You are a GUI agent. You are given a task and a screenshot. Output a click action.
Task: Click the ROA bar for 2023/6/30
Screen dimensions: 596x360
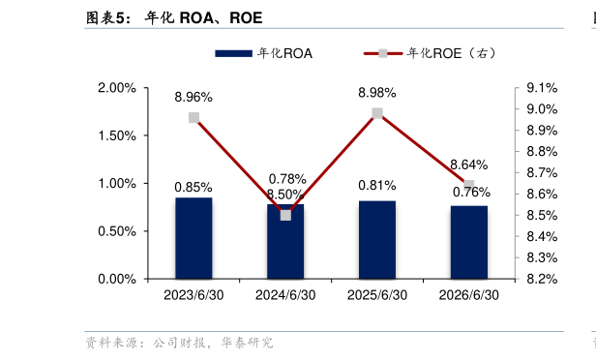click(x=194, y=238)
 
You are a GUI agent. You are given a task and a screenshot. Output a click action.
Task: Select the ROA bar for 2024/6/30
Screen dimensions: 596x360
click(x=285, y=242)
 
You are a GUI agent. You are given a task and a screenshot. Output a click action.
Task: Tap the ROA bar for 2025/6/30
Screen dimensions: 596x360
click(x=377, y=240)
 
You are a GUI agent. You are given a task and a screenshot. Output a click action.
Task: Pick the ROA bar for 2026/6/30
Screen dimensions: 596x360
click(x=469, y=243)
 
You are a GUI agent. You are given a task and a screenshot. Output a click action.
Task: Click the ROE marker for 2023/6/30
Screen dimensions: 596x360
click(x=194, y=117)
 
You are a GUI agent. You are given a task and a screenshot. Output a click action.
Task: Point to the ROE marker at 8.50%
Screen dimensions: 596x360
click(x=285, y=216)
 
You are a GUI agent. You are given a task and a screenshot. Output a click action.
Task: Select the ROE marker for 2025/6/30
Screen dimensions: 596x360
click(x=377, y=113)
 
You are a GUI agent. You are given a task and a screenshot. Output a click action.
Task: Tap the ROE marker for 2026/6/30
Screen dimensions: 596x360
click(x=469, y=185)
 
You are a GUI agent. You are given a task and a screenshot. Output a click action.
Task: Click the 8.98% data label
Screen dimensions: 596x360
click(x=377, y=93)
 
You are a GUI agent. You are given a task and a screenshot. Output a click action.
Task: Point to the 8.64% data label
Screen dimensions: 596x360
click(x=469, y=165)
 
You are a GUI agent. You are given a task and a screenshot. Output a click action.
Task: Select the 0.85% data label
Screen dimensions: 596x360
click(x=194, y=188)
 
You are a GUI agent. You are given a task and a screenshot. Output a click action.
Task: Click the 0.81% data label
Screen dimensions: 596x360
click(x=377, y=186)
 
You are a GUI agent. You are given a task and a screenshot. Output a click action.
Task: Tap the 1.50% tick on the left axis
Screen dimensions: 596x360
click(x=117, y=135)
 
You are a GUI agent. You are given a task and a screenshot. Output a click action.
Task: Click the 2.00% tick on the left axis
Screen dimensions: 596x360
click(x=117, y=88)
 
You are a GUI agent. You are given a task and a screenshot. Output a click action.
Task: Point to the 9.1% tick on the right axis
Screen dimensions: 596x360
click(x=542, y=88)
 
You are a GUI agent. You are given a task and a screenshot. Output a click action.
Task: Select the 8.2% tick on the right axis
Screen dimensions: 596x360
click(x=542, y=279)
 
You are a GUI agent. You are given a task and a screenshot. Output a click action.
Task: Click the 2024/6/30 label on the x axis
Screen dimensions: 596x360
click(x=285, y=295)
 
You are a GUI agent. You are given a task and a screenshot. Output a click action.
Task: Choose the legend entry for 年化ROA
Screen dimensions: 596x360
click(x=264, y=53)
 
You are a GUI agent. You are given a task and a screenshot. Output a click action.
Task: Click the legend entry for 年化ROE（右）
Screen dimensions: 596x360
click(x=430, y=53)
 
